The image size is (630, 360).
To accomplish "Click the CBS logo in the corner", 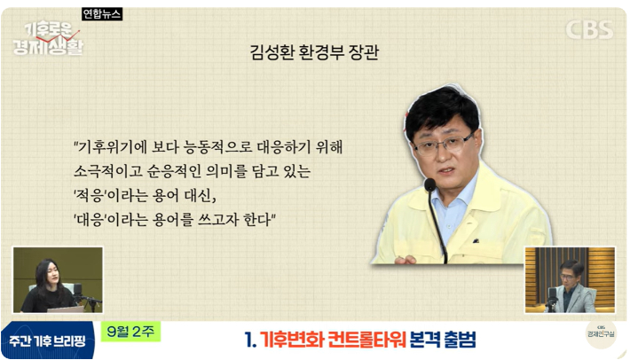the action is (x=589, y=29).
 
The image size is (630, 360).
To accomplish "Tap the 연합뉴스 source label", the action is (x=102, y=14).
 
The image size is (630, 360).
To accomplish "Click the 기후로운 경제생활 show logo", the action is (x=48, y=39).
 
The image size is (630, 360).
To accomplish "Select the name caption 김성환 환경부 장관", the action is (x=314, y=52).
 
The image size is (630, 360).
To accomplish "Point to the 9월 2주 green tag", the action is (x=130, y=332).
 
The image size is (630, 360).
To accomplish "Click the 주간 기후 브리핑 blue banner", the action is (x=47, y=340).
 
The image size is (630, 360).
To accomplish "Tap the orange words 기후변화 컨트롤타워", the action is (x=333, y=340).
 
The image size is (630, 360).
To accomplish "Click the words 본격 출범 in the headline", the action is (x=443, y=340).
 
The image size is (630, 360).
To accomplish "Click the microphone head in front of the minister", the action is (x=430, y=184).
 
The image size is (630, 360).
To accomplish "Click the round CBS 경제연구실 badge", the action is (x=601, y=334).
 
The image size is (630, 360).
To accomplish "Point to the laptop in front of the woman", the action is (x=66, y=309).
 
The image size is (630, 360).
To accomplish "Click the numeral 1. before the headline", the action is (x=250, y=340).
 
